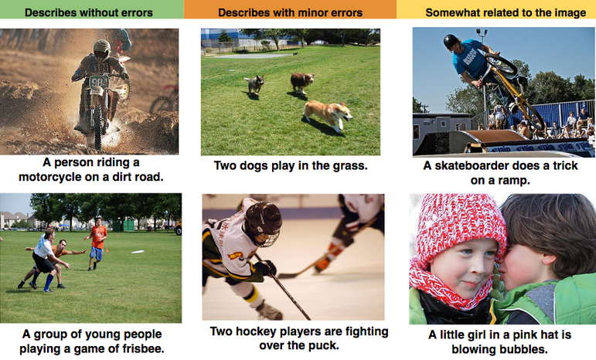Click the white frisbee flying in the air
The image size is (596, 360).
[x=138, y=252]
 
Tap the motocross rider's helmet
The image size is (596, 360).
[x=102, y=50]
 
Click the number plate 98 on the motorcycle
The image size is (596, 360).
[x=98, y=82]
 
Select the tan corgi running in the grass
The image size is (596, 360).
[x=328, y=114]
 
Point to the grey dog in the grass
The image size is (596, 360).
[x=254, y=84]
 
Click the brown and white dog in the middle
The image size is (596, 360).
[x=302, y=83]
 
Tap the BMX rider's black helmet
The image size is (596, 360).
[x=451, y=41]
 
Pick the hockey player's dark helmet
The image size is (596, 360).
[x=262, y=222]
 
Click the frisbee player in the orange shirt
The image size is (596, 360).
[x=97, y=243]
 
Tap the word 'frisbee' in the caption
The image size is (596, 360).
[x=143, y=348]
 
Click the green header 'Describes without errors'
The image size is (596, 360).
[x=89, y=12]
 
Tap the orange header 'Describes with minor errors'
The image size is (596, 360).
[x=290, y=12]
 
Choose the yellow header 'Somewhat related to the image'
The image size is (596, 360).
[x=506, y=12]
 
